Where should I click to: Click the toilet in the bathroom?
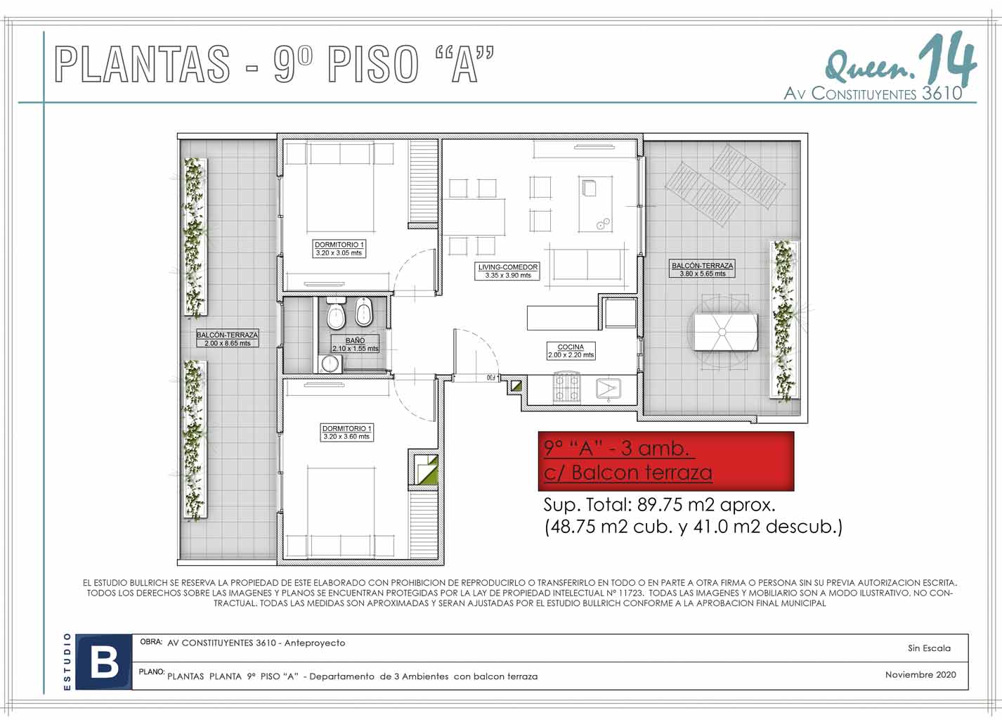tap(336, 312)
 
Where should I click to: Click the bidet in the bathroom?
tap(363, 312)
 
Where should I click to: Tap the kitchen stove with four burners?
tap(568, 387)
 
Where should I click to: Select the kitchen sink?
tap(609, 388)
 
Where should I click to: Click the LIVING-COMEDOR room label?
tap(508, 271)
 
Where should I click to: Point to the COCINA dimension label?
tap(571, 351)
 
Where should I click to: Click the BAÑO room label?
tap(355, 344)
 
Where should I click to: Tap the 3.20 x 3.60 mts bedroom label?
tap(346, 432)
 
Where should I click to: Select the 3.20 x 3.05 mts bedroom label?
tap(339, 249)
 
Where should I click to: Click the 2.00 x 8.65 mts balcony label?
tap(227, 339)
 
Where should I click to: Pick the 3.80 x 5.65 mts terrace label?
tap(702, 269)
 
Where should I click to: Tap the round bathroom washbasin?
tap(330, 364)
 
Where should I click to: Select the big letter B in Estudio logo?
tap(105, 662)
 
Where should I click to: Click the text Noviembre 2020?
tap(920, 675)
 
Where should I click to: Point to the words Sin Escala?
tap(929, 648)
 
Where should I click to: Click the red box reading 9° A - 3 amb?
tap(666, 461)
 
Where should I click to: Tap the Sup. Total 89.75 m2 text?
tap(659, 506)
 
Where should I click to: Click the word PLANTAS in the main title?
tap(142, 64)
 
